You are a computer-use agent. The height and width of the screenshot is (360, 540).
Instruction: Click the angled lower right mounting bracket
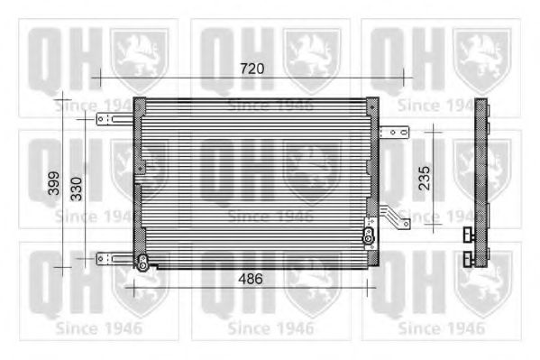pyautogui.click(x=393, y=217)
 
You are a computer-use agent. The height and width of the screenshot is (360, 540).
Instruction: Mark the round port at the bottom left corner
pyautogui.click(x=142, y=263)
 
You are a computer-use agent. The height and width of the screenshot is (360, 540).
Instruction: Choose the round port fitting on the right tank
pyautogui.click(x=368, y=236)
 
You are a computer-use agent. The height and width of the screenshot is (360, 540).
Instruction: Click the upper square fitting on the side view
pyautogui.click(x=468, y=236)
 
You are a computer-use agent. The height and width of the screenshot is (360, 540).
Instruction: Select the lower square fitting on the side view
pyautogui.click(x=468, y=259)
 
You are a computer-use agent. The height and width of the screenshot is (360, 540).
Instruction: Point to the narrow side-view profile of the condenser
pyautogui.click(x=481, y=180)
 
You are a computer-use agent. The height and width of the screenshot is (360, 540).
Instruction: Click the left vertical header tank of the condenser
pyautogui.click(x=139, y=180)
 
